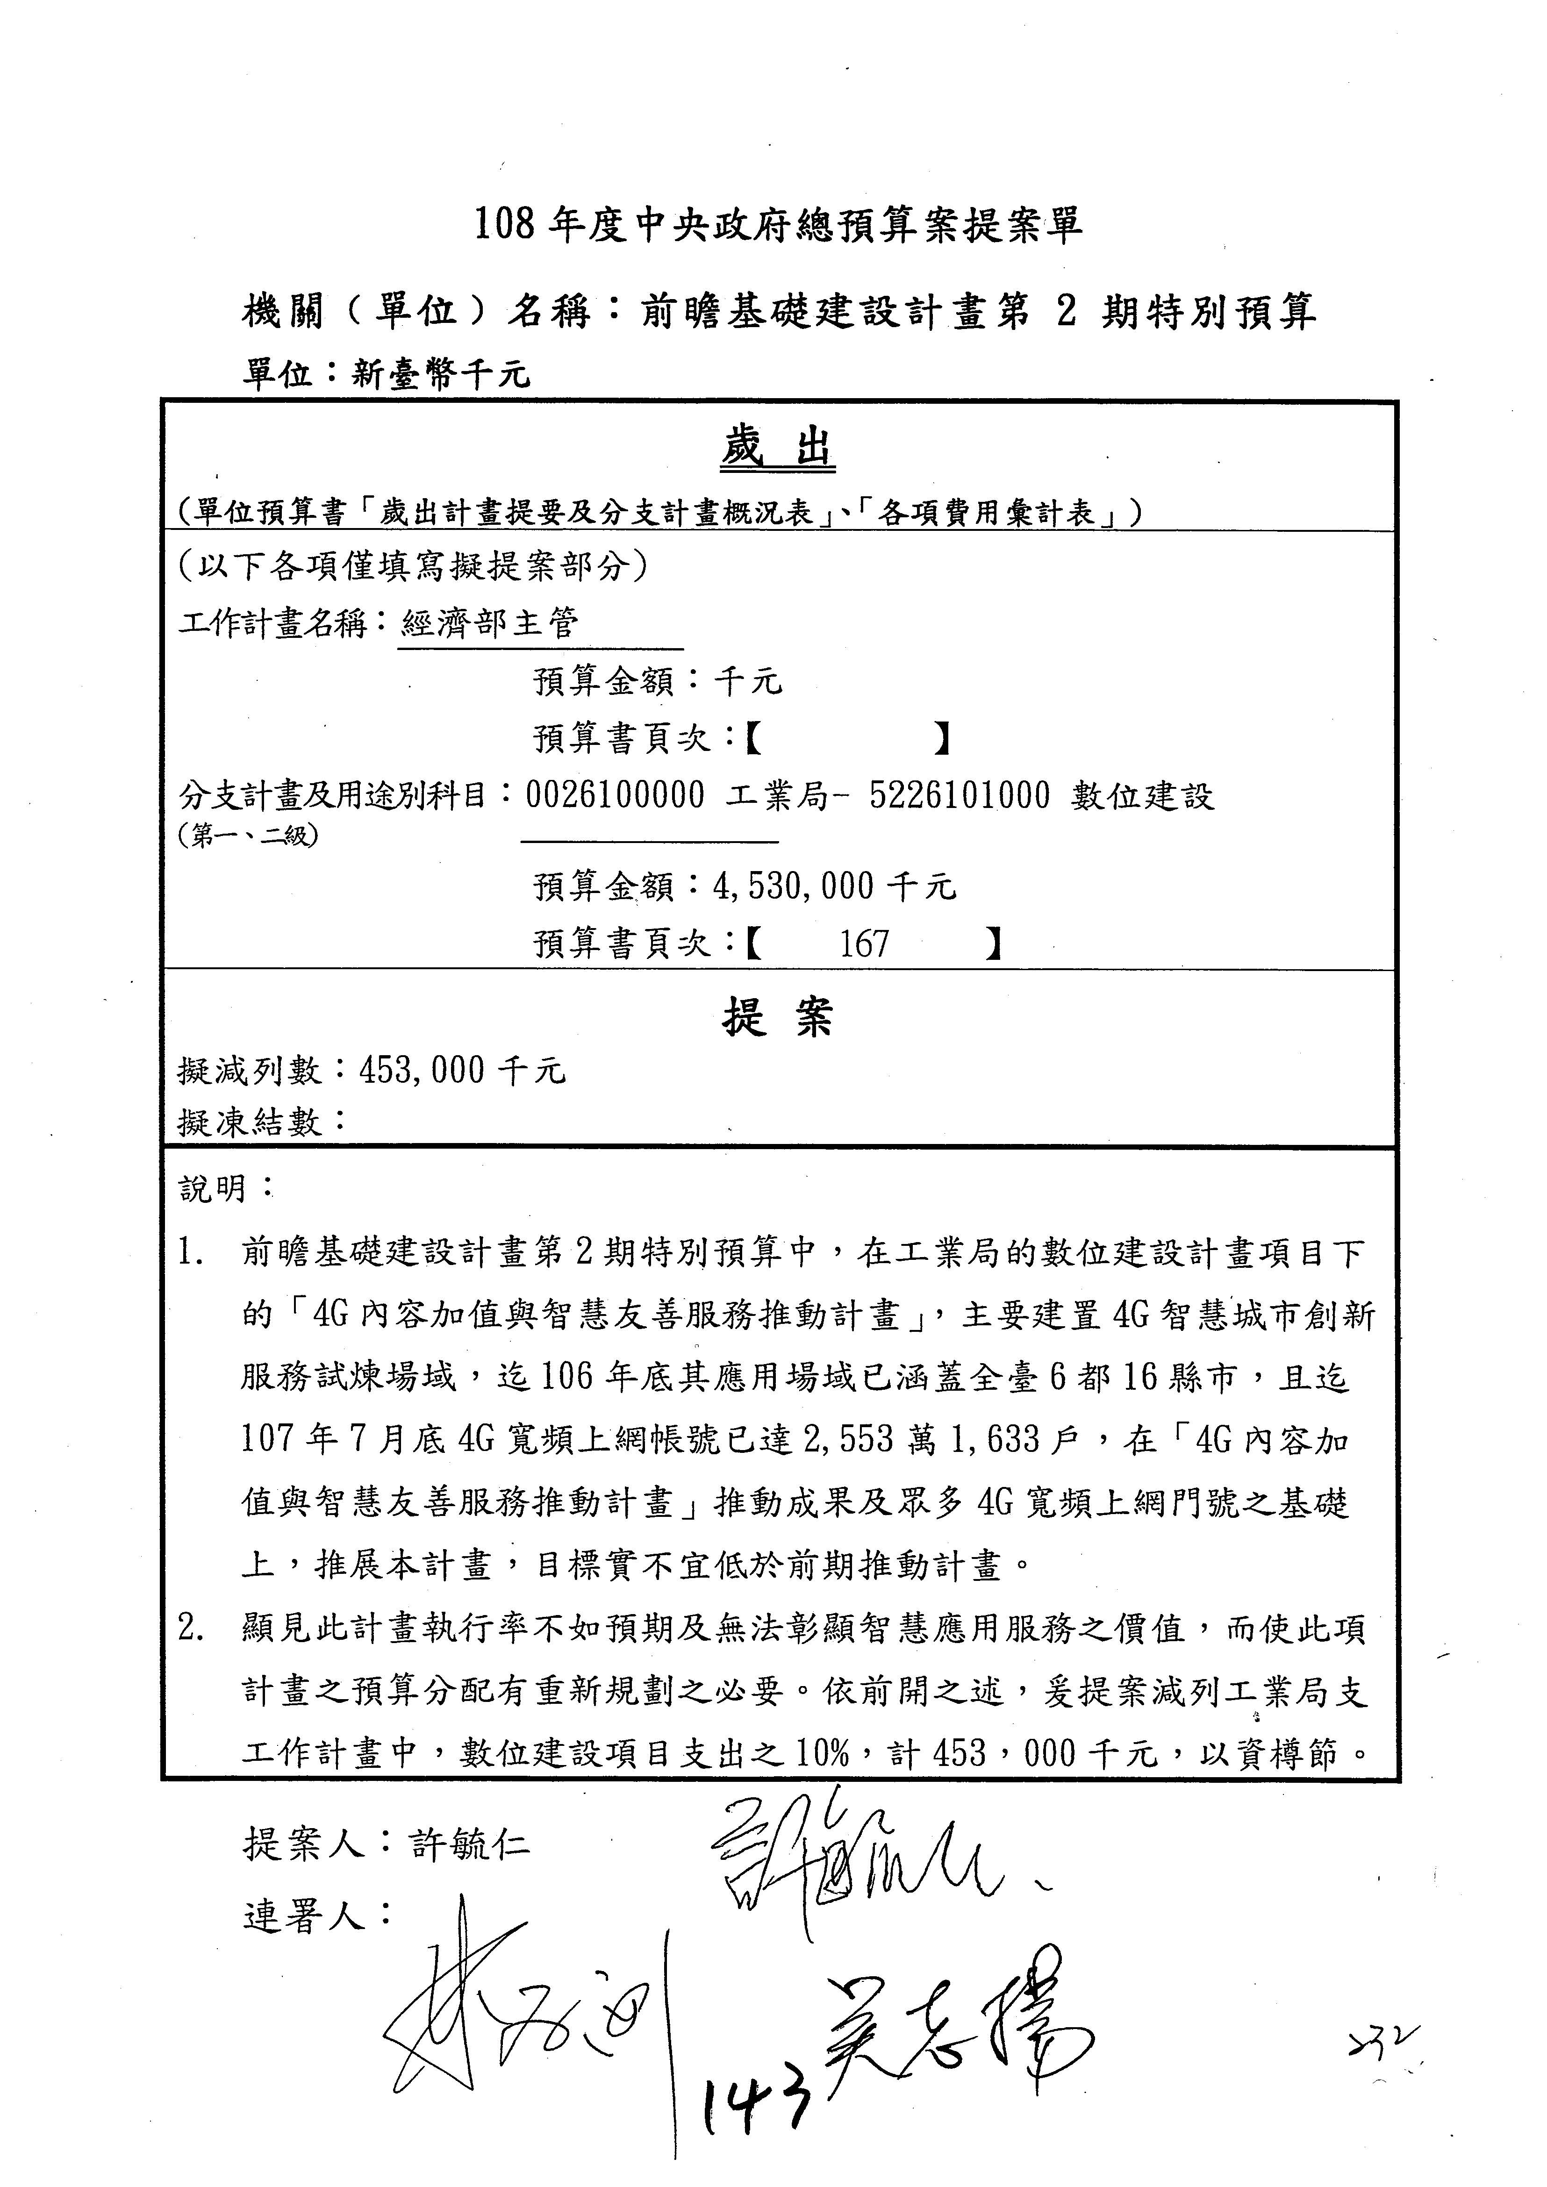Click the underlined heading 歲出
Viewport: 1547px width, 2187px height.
pos(777,449)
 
